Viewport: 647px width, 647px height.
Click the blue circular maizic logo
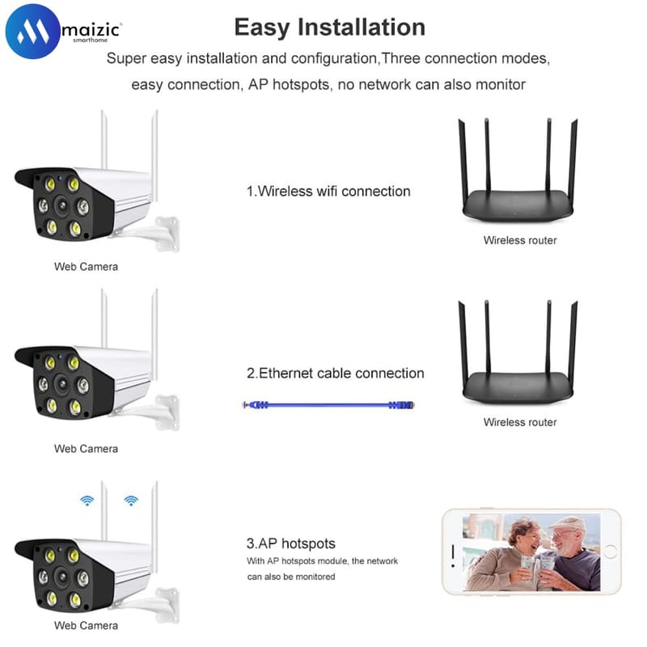32,32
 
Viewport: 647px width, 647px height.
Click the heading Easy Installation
330,27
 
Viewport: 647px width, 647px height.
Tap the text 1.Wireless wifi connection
328,192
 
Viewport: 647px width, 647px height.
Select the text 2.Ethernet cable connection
335,374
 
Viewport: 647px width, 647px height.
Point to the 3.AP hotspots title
291,543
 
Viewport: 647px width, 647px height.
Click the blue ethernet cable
328,405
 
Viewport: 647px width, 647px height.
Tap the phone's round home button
610,552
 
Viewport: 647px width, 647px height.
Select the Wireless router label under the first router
520,240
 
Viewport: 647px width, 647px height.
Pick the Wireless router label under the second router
520,422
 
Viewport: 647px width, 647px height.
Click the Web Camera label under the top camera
86,267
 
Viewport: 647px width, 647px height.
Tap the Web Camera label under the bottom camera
86,625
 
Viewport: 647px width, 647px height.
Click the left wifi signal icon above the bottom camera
87,501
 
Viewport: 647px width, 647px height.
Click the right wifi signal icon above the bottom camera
131,501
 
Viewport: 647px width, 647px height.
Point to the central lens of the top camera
62,205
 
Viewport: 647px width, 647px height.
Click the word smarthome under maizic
91,40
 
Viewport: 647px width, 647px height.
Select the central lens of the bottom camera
62,576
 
